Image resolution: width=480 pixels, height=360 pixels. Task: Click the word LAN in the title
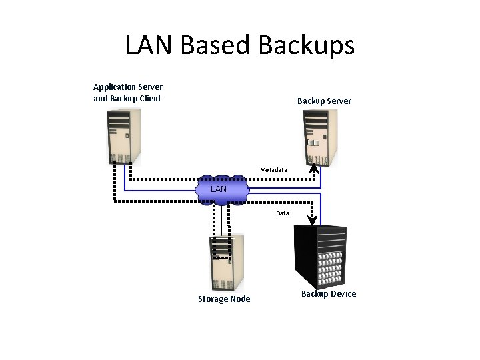point(150,45)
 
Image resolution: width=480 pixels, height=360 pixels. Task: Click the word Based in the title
point(215,45)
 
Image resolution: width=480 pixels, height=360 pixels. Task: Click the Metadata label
point(273,170)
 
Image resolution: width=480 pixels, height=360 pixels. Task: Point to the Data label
point(283,213)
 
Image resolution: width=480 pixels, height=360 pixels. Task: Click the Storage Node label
point(224,299)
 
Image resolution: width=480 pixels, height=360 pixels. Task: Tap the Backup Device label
point(329,294)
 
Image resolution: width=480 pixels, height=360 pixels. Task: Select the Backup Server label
point(324,101)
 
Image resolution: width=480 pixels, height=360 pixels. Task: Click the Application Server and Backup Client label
point(127,93)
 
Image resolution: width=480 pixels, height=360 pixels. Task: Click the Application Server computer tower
point(125,137)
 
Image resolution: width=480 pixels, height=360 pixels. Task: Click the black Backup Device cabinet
point(320,257)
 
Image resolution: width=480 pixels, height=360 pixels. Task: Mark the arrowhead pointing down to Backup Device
point(311,219)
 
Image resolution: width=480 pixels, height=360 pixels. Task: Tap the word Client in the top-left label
point(149,99)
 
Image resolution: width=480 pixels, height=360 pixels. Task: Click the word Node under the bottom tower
point(239,299)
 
